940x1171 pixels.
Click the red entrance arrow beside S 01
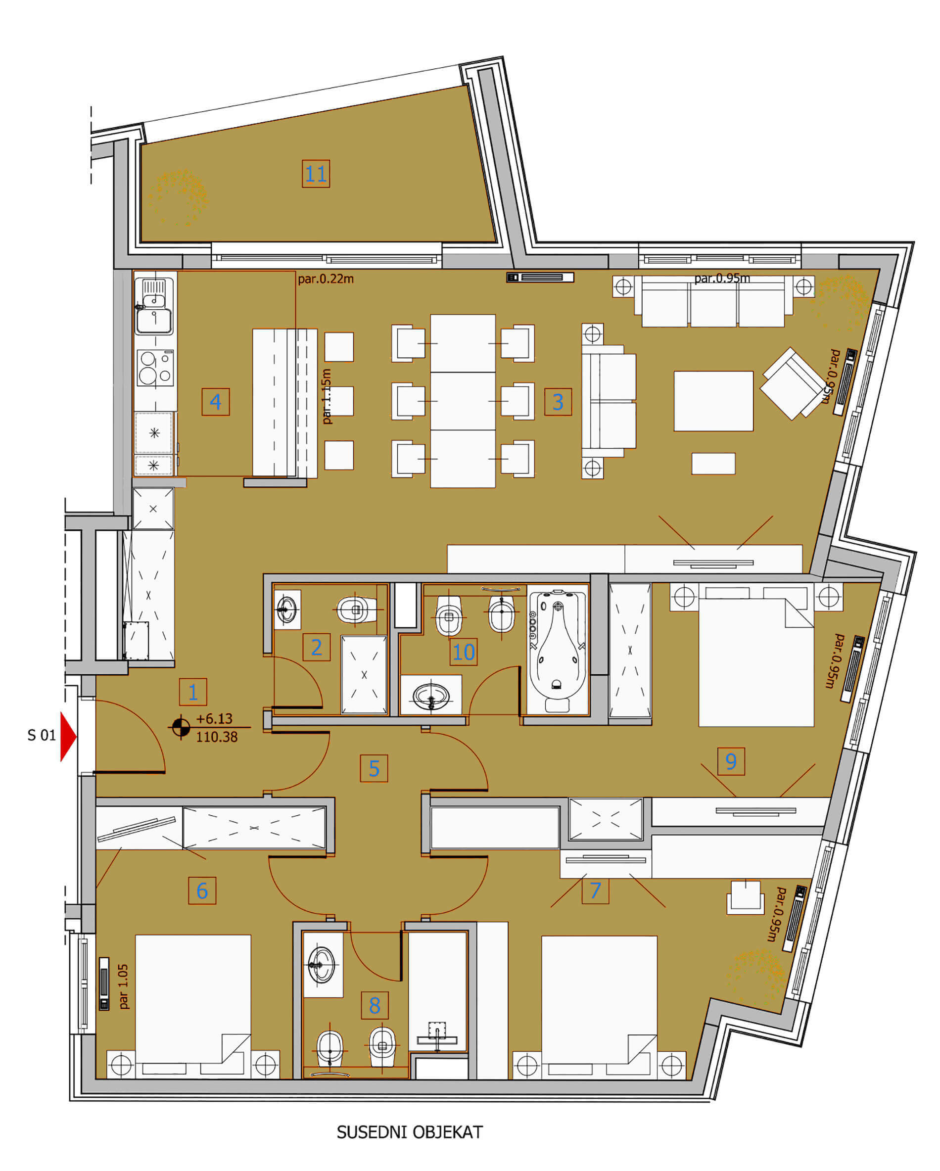point(68,737)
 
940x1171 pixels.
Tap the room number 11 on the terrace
point(316,174)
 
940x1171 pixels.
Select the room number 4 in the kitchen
point(216,401)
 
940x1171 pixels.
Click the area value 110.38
point(217,737)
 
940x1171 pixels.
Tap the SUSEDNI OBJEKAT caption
point(410,1132)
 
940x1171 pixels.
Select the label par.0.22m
point(326,279)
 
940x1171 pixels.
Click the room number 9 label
point(730,761)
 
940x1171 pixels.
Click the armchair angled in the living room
point(793,383)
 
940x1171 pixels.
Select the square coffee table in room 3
point(713,401)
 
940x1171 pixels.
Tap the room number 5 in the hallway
point(374,768)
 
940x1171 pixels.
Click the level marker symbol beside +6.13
point(181,727)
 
